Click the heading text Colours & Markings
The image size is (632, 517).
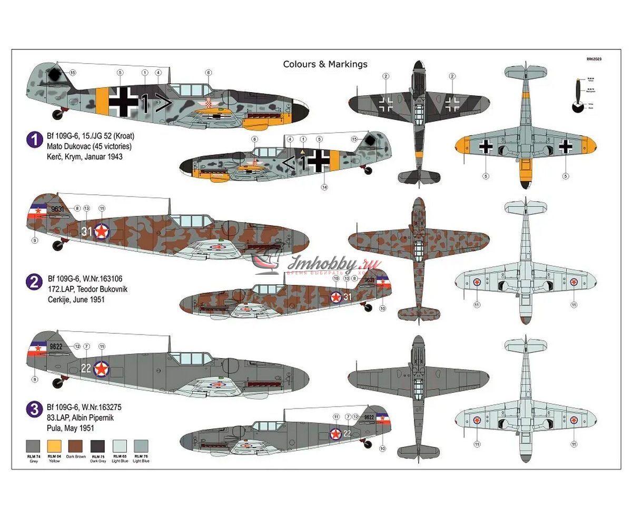coord(325,64)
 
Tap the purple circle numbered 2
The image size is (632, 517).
coord(34,282)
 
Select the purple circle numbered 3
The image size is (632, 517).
coord(34,409)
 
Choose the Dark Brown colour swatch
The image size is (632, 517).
coord(75,446)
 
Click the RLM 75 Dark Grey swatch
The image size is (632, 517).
coord(97,446)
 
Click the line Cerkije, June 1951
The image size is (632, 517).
coord(76,299)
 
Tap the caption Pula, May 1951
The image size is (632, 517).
coord(71,428)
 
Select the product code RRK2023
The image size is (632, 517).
coord(593,59)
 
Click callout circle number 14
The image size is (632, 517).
coord(324,186)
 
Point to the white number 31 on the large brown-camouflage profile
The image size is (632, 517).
coord(87,231)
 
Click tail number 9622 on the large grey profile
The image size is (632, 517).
coord(56,346)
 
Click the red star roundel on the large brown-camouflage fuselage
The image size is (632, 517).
coord(102,231)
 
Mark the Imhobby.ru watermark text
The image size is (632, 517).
coord(320,264)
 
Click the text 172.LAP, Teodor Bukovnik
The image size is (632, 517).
coord(87,289)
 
